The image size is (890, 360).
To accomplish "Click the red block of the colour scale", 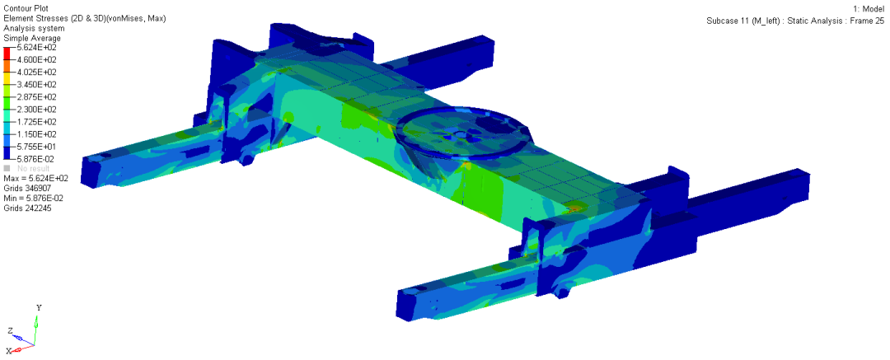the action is coord(7,54).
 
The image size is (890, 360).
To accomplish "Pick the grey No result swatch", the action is coord(7,169).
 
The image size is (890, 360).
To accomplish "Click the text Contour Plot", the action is coord(26,8).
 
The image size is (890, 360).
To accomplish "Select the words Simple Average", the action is coord(32,38).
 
